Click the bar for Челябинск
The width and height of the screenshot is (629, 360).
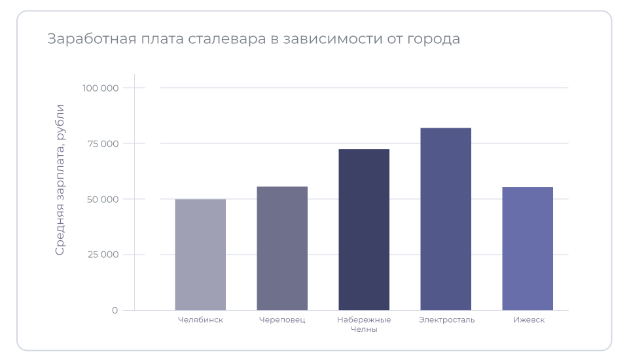[200, 255]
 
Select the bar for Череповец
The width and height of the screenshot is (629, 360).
[282, 249]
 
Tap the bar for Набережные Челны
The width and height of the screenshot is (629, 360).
[364, 230]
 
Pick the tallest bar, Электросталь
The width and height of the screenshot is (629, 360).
[446, 219]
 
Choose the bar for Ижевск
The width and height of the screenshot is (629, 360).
[528, 249]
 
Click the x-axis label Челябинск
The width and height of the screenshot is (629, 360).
[200, 320]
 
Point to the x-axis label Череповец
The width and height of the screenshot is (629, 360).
[282, 320]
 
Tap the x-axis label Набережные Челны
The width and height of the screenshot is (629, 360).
[364, 325]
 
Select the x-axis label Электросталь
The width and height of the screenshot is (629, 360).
[446, 320]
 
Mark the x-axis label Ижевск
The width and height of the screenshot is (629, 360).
[529, 320]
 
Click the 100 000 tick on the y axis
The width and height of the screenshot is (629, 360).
[100, 88]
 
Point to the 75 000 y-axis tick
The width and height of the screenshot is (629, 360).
[103, 143]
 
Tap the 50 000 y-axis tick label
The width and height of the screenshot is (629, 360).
[102, 199]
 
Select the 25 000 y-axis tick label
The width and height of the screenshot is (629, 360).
[102, 255]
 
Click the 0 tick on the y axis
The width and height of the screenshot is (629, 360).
[115, 310]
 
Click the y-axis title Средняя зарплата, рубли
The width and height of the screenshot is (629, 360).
[60, 179]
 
